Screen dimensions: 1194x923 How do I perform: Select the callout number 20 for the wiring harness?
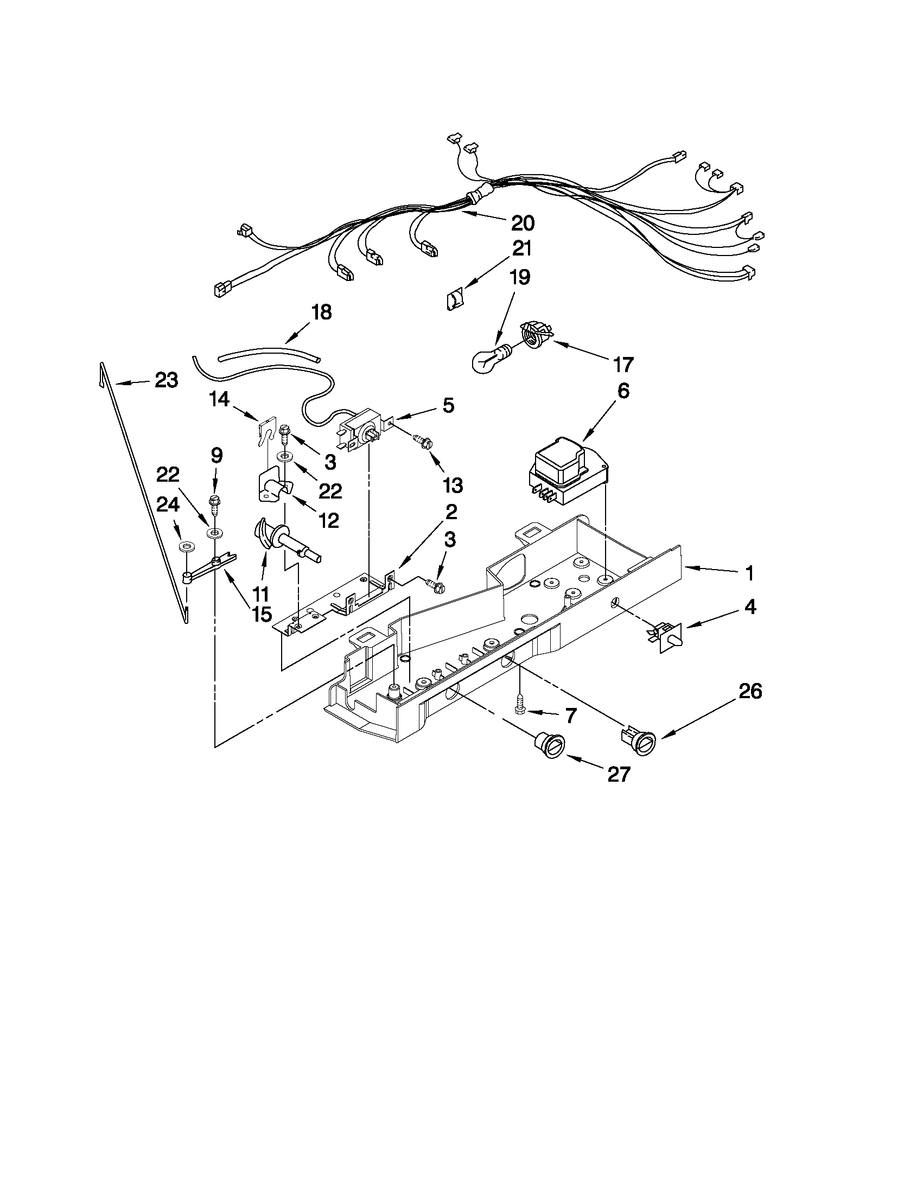(523, 222)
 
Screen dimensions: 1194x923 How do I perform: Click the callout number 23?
(166, 380)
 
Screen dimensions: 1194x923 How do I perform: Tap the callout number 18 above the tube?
(322, 312)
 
